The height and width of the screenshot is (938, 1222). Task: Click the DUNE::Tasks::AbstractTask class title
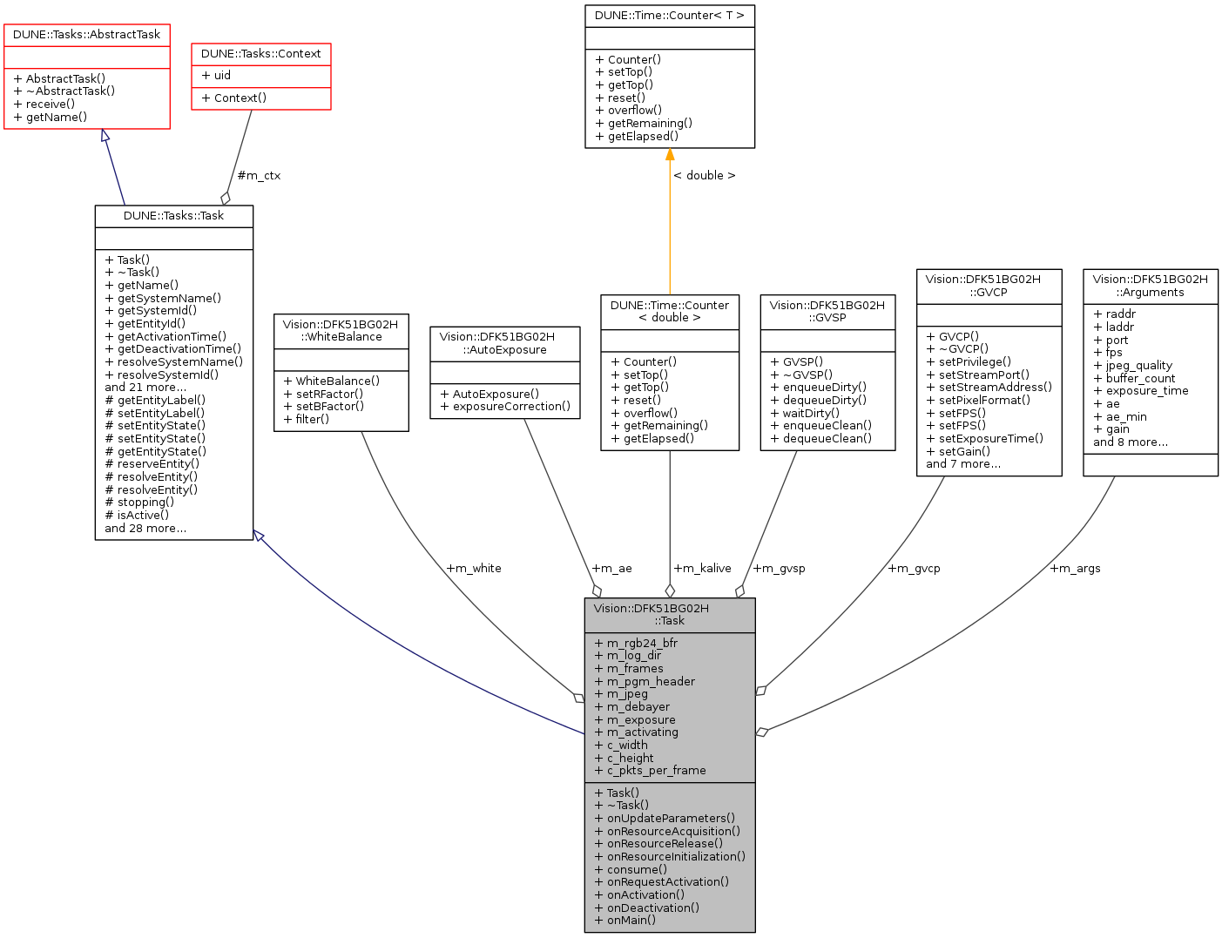coord(86,35)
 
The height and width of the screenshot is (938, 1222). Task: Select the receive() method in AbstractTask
coord(50,105)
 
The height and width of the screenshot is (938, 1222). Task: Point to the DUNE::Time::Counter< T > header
coord(669,16)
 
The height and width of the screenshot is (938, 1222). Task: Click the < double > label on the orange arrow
coord(704,176)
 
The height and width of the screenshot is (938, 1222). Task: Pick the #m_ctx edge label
coord(259,176)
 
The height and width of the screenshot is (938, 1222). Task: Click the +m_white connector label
coord(473,569)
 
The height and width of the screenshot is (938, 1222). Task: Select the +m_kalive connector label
coord(702,569)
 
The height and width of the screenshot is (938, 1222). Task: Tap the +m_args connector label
coord(1075,569)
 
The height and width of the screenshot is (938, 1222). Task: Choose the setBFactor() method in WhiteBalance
coord(323,407)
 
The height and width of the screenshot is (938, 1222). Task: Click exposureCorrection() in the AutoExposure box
coord(510,407)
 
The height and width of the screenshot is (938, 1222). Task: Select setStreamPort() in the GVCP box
coord(983,375)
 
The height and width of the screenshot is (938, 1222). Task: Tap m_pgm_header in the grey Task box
coord(650,682)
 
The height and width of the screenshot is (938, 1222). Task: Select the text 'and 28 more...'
coord(145,529)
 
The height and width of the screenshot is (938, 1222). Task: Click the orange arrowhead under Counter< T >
coord(670,155)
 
